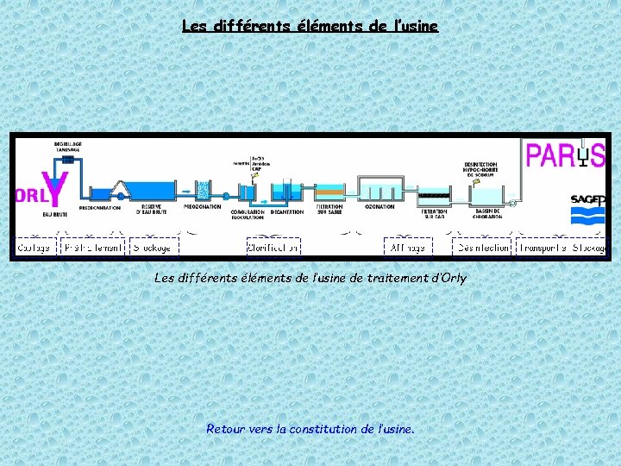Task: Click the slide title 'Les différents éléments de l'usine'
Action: (310, 26)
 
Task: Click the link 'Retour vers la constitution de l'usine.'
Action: (310, 428)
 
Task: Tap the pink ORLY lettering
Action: (28, 195)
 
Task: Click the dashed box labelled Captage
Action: (34, 247)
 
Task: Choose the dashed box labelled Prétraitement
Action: (93, 247)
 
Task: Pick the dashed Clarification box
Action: (273, 247)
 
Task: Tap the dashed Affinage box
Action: (407, 247)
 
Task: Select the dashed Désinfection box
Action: (483, 247)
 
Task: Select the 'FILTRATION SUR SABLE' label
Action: (329, 209)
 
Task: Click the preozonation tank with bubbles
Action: (204, 191)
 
